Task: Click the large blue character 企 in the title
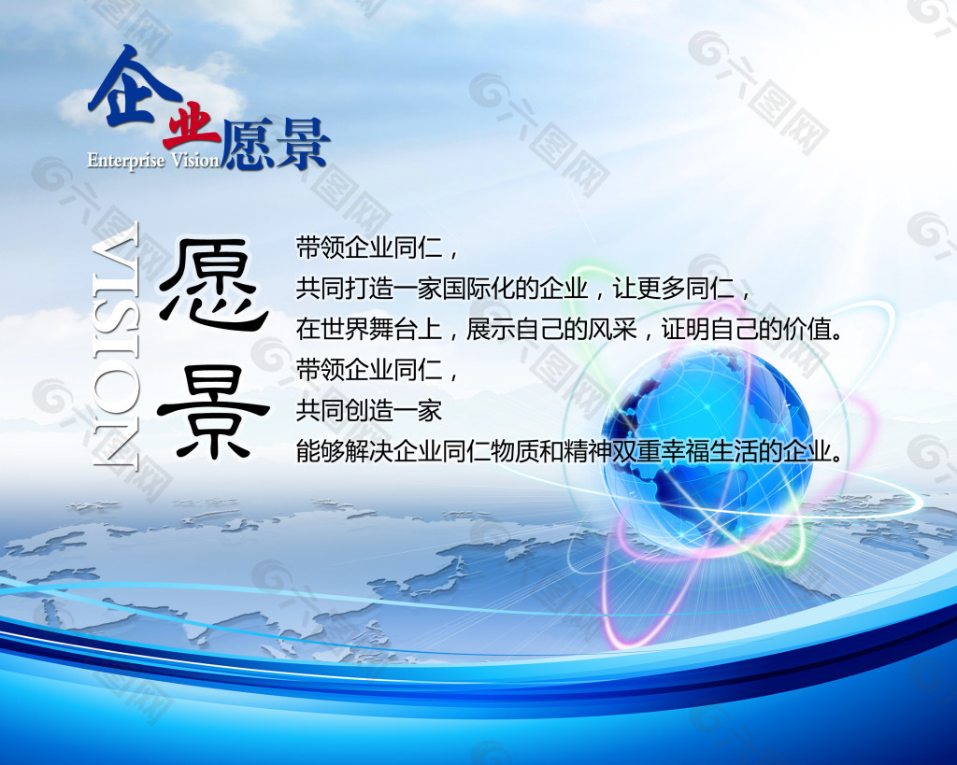point(133,89)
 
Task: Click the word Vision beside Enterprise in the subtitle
point(194,161)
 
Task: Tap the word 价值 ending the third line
point(807,330)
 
